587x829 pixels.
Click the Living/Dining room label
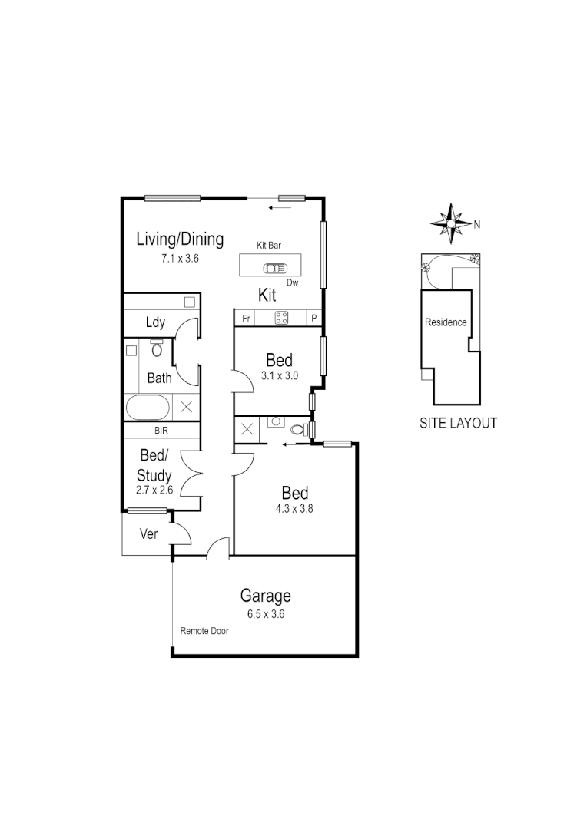pyautogui.click(x=180, y=239)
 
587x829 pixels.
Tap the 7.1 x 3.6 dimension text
pyautogui.click(x=180, y=259)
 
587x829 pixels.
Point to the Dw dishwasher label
pyautogui.click(x=292, y=282)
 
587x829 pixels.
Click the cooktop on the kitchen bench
pyautogui.click(x=281, y=318)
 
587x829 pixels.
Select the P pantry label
pyautogui.click(x=313, y=318)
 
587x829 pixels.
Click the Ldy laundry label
pyautogui.click(x=155, y=322)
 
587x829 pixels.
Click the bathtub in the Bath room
pyautogui.click(x=149, y=407)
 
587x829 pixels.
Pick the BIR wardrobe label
pyautogui.click(x=161, y=431)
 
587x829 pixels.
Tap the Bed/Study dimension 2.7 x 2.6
pyautogui.click(x=154, y=488)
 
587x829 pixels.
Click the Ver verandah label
pyautogui.click(x=148, y=533)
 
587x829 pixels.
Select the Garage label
pyautogui.click(x=266, y=596)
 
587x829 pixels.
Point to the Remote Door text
pyautogui.click(x=204, y=631)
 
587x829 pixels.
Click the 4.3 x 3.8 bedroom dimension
pyautogui.click(x=295, y=507)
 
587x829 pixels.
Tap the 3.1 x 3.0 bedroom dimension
pyautogui.click(x=279, y=375)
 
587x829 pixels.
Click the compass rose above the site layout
pyautogui.click(x=452, y=223)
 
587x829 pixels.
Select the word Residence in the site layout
pyautogui.click(x=446, y=322)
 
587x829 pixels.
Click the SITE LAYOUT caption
pyautogui.click(x=458, y=423)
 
